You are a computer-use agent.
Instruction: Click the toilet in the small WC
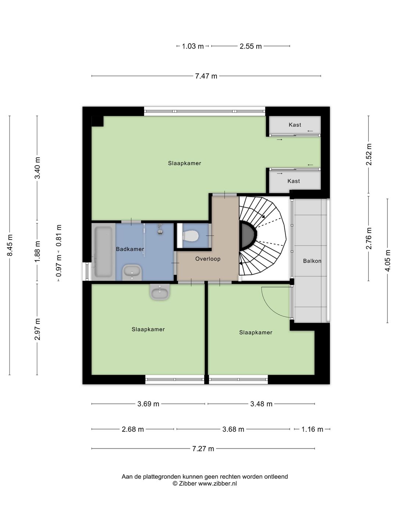click(x=190, y=235)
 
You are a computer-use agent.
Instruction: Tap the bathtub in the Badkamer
click(x=103, y=252)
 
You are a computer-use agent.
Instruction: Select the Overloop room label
click(x=208, y=259)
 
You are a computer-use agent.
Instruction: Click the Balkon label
click(x=312, y=261)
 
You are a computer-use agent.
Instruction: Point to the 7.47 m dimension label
click(x=206, y=76)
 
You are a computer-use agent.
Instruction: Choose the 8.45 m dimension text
click(x=10, y=245)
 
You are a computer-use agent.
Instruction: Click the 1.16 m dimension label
click(x=312, y=429)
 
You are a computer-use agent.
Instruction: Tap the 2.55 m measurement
click(x=250, y=46)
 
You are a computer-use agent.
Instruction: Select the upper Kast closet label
click(x=295, y=125)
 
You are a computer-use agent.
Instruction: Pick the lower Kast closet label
click(x=294, y=181)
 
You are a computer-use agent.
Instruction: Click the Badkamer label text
click(x=130, y=249)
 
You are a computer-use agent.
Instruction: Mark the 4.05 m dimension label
click(x=387, y=260)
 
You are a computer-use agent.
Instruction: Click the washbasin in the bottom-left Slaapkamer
click(x=160, y=292)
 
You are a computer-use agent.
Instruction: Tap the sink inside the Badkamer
click(x=132, y=273)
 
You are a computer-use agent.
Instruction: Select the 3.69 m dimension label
click(x=148, y=404)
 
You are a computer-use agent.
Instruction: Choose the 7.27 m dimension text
click(x=203, y=449)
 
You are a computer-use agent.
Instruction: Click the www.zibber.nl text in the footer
click(x=217, y=483)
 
